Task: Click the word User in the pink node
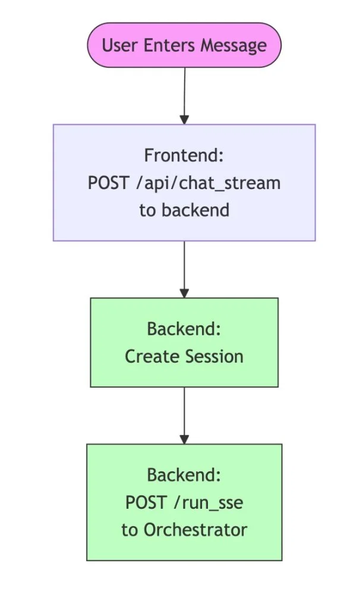click(116, 46)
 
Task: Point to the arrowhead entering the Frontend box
click(184, 119)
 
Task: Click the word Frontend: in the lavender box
click(184, 156)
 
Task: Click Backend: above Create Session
click(184, 329)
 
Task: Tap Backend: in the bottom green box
click(184, 475)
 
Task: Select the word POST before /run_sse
click(145, 502)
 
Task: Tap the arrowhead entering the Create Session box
click(184, 292)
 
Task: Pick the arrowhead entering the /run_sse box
click(184, 439)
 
